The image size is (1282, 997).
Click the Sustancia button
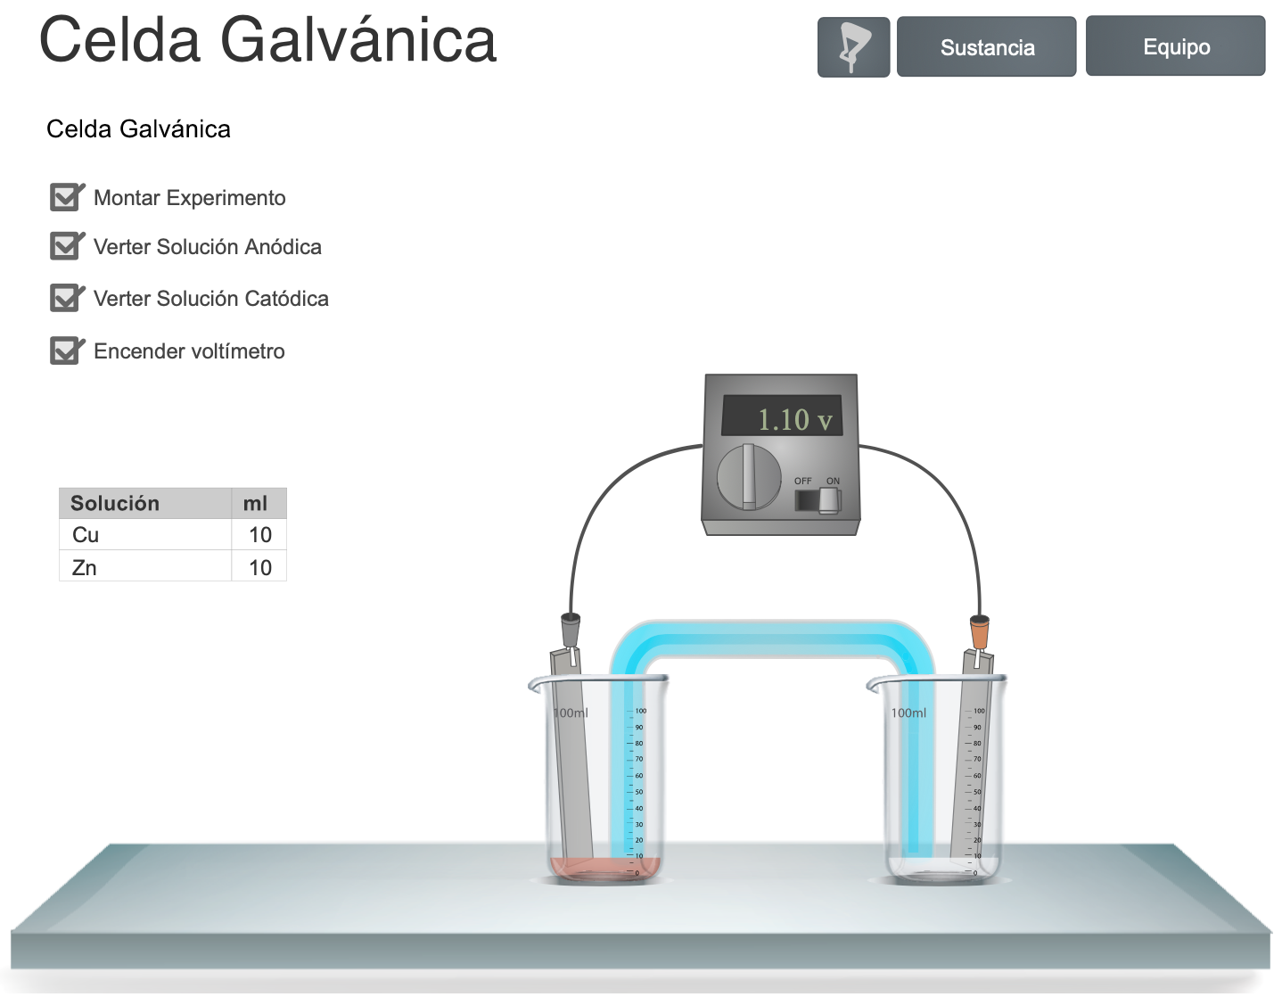tap(986, 46)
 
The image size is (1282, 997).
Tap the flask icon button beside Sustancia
tap(854, 47)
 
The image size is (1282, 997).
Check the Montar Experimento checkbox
tap(65, 197)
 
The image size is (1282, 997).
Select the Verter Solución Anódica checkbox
tap(65, 246)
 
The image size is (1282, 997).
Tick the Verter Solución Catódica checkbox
tap(65, 298)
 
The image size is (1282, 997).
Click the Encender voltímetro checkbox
tap(65, 350)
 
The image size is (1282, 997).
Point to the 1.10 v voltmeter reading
tap(794, 419)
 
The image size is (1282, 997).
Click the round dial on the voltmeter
tap(749, 477)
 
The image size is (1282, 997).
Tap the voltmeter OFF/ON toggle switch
tap(818, 500)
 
